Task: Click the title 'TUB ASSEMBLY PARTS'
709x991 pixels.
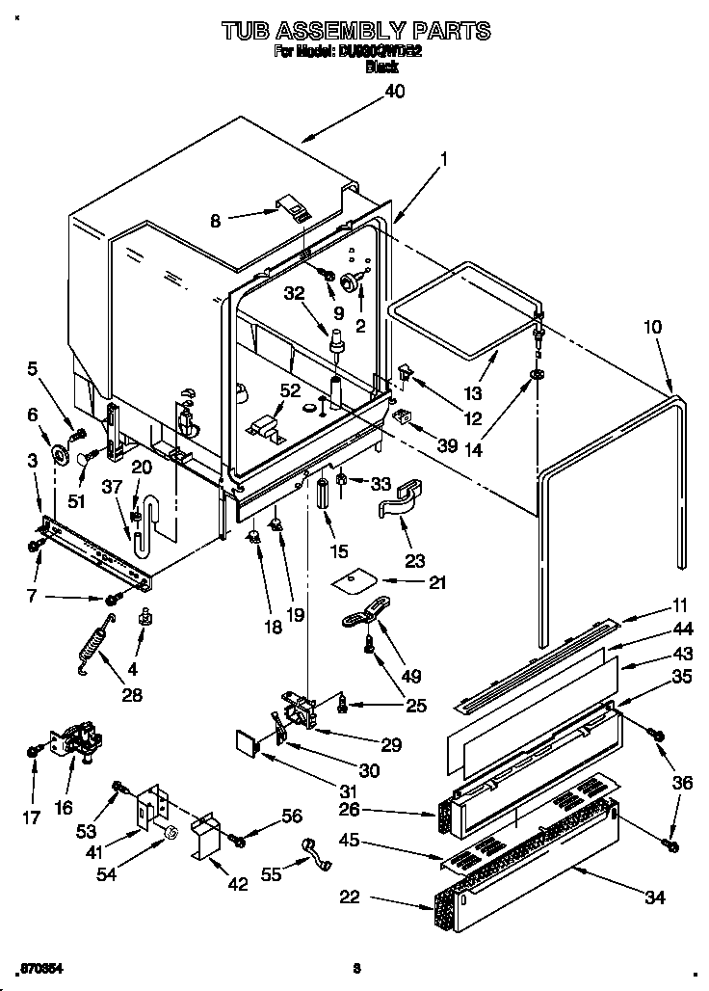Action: point(355,31)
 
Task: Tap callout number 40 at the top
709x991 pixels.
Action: point(394,92)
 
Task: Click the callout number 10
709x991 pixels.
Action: point(653,327)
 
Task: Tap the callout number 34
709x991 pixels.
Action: point(654,898)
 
